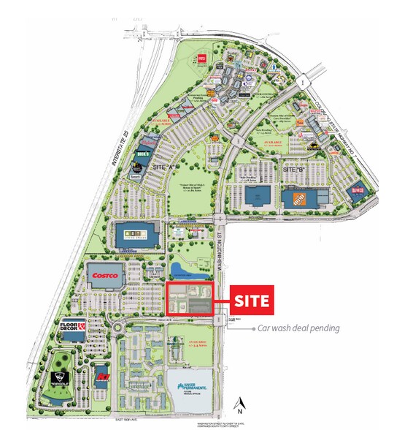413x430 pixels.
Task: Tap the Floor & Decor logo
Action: (82, 327)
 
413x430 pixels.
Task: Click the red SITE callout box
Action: (252, 300)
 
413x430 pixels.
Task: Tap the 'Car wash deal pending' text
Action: (298, 328)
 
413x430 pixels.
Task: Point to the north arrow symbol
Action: (240, 401)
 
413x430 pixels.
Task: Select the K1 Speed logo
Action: (101, 381)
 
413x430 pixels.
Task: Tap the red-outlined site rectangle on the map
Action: (190, 298)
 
